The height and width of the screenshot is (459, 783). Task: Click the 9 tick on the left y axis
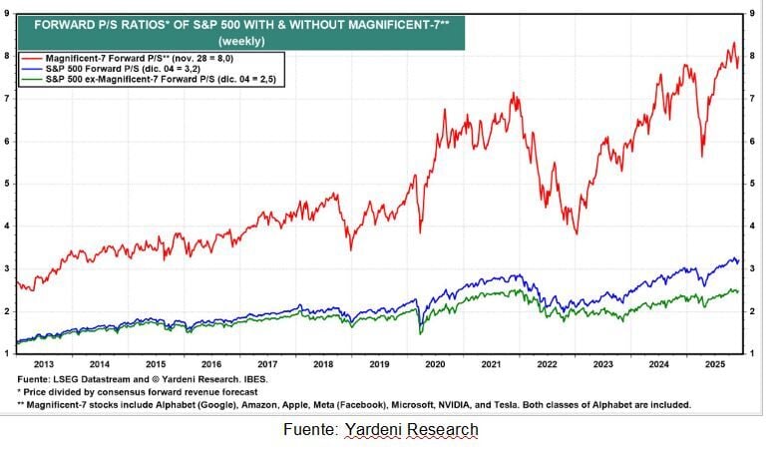pos(8,13)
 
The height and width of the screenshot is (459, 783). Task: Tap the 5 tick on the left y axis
pos(8,184)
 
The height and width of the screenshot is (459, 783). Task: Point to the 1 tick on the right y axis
pos(750,354)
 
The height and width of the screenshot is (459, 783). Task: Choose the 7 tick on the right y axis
pos(750,98)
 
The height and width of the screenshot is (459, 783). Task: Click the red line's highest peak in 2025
pos(733,43)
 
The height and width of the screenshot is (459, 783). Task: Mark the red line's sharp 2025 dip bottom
pos(702,156)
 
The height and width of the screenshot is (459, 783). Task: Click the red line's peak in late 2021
pos(513,94)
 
